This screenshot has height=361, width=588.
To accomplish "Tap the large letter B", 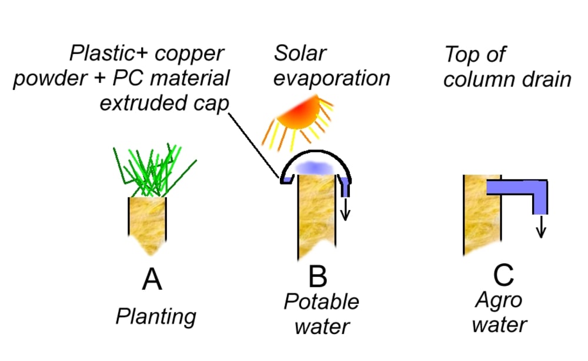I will (x=318, y=276).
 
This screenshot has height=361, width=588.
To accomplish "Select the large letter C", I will (x=504, y=275).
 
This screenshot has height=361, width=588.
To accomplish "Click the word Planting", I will (x=155, y=317).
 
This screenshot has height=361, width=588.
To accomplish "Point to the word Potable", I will (x=321, y=302).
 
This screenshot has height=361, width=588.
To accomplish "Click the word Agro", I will (x=498, y=301).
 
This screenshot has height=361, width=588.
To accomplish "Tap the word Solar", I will (x=300, y=54).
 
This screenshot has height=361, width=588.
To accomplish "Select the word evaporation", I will (x=332, y=78).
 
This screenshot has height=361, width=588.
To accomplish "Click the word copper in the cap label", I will (x=195, y=54).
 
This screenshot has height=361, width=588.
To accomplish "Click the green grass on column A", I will (x=154, y=171).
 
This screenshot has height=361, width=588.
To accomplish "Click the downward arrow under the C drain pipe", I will (x=541, y=226).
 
